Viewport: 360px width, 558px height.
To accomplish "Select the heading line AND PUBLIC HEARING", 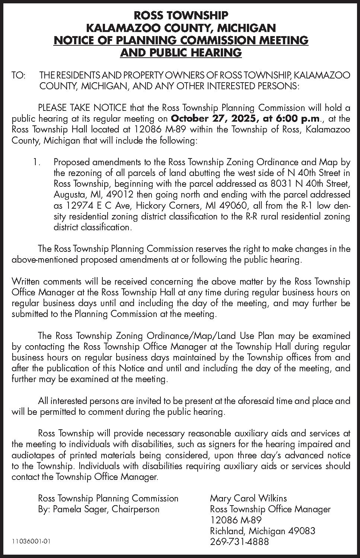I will pyautogui.click(x=181, y=52).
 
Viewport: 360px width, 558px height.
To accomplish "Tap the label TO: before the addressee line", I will pyautogui.click(x=19, y=76).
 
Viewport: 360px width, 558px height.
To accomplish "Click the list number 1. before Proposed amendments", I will pyautogui.click(x=36, y=162).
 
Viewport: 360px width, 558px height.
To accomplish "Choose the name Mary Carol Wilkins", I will pyautogui.click(x=248, y=498).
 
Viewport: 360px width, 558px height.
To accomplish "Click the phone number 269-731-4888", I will pyautogui.click(x=239, y=542).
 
